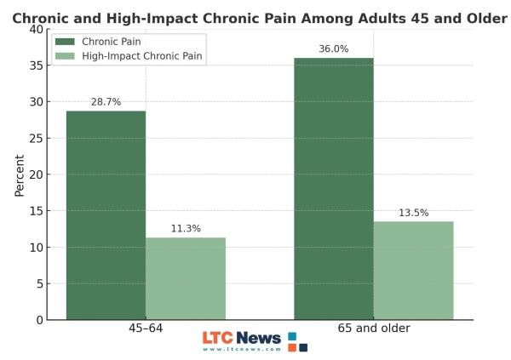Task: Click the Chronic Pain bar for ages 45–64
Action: coord(106,215)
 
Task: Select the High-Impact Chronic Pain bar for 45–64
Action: coord(186,278)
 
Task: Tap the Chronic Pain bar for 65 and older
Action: coord(333,189)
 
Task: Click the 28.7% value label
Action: coord(106,102)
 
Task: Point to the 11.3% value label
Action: coord(186,229)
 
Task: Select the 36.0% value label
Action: coord(333,49)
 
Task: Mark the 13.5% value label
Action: coord(413,213)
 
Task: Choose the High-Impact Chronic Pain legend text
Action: coord(143,56)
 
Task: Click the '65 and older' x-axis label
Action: coord(374,329)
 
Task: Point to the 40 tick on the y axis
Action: coord(36,29)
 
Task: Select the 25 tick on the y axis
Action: coord(36,138)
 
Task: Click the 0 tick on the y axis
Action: coord(39,320)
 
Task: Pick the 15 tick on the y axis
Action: coord(36,211)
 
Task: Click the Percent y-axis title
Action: coord(19,174)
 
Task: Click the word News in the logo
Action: coord(258,338)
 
